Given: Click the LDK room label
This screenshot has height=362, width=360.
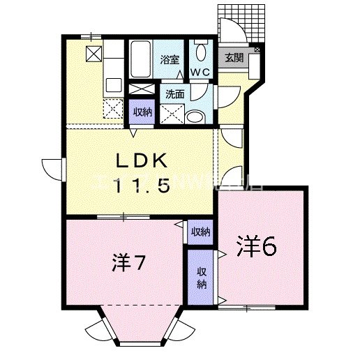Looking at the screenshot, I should (142, 161).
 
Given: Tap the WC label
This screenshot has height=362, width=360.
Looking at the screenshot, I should (201, 73).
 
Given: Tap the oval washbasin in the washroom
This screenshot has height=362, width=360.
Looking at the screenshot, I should (197, 116).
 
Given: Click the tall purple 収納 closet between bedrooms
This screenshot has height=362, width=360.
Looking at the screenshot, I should (202, 278).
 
